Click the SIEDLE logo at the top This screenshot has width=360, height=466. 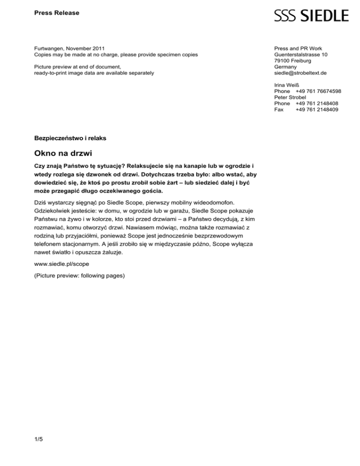pos(311,15)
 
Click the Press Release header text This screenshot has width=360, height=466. pos(57,13)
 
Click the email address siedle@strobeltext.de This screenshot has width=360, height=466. pos(300,73)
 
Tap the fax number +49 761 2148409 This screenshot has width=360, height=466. pos(317,110)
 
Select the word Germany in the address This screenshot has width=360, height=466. pos(285,67)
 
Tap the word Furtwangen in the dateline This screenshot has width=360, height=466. pos(50,49)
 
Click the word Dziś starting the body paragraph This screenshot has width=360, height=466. pos(41,203)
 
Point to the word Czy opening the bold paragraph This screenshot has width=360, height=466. pos(40,166)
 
